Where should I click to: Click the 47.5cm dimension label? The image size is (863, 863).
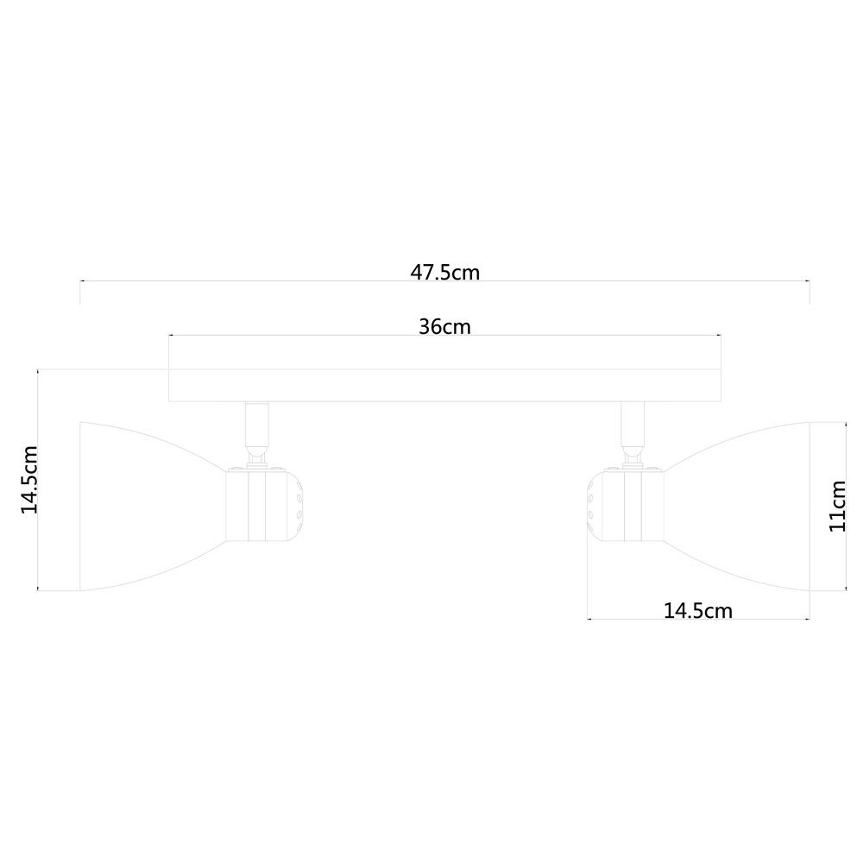coord(444,273)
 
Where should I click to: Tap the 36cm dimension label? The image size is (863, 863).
coord(444,327)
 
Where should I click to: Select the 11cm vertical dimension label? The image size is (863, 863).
coord(837,506)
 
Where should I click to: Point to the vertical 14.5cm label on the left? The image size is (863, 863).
coord(29,480)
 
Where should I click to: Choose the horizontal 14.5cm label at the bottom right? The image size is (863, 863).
coord(698,611)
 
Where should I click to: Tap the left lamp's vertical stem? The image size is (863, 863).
coord(257,424)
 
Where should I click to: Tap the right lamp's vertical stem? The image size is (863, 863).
coord(633,424)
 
